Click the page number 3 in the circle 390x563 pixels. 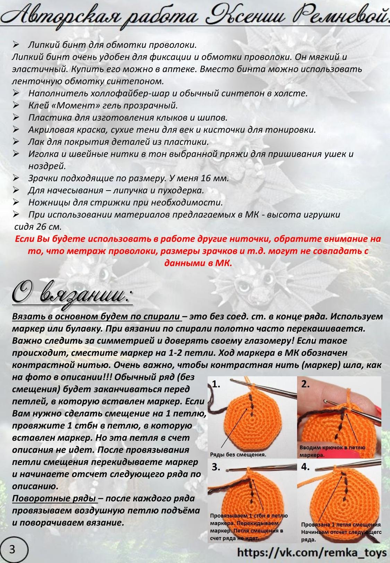tap(12, 549)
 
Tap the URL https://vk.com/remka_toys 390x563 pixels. tap(312, 552)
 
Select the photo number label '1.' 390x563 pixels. tap(216, 384)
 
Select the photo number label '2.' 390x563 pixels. tap(305, 384)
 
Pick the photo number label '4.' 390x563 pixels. tap(305, 467)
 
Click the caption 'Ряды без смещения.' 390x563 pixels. tap(238, 455)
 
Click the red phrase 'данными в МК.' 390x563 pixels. tap(198, 263)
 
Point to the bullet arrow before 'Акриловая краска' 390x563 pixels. tap(16, 130)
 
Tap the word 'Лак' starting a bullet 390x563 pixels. tap(36, 142)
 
